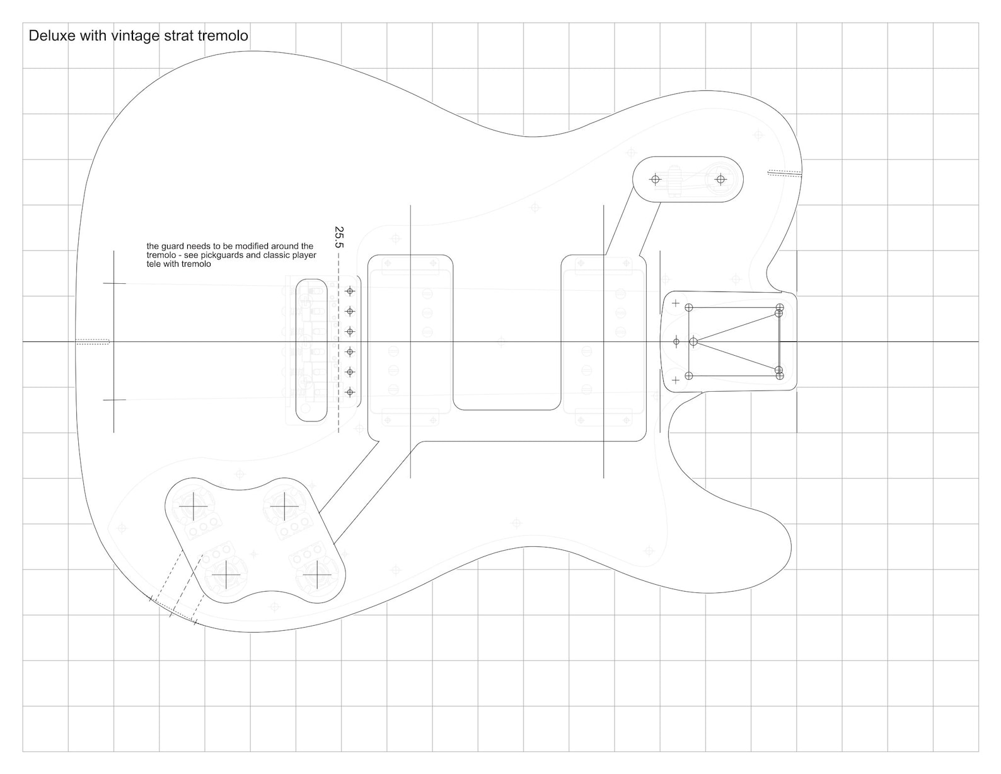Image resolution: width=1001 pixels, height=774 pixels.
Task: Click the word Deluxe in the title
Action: pos(52,36)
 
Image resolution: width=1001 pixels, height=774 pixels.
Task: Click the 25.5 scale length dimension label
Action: pos(339,237)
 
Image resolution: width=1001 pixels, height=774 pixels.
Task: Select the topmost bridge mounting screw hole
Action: pos(350,291)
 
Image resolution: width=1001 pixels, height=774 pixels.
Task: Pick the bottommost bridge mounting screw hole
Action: pos(350,392)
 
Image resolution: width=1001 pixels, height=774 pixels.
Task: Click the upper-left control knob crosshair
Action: pos(193,507)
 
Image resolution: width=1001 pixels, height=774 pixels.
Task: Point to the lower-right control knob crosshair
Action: pos(315,575)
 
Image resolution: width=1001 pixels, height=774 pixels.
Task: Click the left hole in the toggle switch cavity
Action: pos(655,180)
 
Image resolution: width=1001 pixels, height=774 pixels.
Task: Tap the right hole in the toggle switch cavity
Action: pos(720,180)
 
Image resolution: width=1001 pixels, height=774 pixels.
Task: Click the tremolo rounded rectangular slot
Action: pos(313,350)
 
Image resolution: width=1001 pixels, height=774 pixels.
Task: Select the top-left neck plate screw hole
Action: pos(689,307)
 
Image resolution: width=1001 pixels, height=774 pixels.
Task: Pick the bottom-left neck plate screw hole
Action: pos(689,376)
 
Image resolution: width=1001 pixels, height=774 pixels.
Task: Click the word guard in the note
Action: pos(170,246)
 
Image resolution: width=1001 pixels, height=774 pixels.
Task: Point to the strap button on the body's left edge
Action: pos(93,342)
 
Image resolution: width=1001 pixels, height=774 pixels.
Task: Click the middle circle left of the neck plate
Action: pos(676,342)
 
